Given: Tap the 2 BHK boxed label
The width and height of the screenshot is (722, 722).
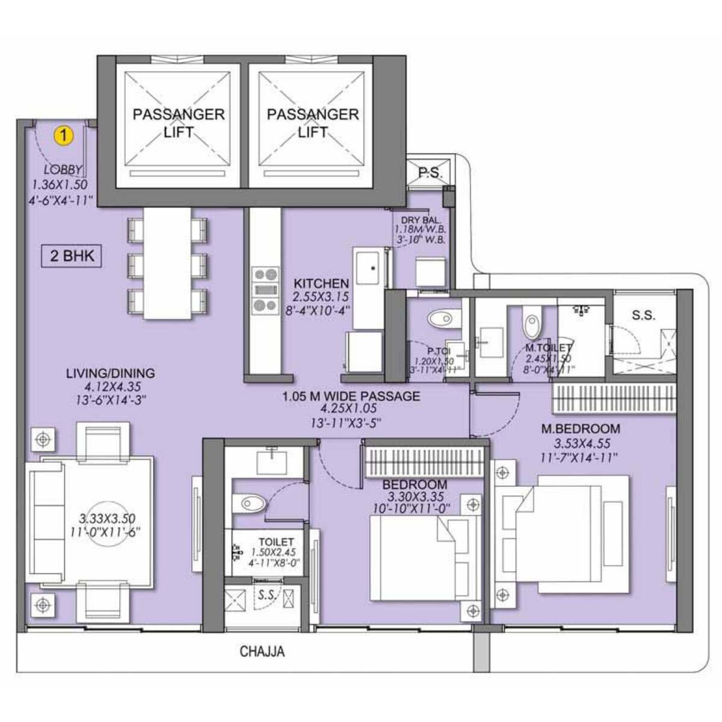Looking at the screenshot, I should pyautogui.click(x=72, y=256).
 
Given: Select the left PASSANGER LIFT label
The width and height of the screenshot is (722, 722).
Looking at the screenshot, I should pyautogui.click(x=178, y=123).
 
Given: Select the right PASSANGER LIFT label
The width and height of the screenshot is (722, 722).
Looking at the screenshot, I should pyautogui.click(x=312, y=123).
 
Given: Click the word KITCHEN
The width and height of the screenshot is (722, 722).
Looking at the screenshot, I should pyautogui.click(x=321, y=283).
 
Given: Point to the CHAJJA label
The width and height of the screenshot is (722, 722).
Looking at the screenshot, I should pyautogui.click(x=262, y=651).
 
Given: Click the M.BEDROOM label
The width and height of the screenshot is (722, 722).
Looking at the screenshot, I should pyautogui.click(x=580, y=429).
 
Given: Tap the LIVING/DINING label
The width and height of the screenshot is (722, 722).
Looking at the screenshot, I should pyautogui.click(x=110, y=374).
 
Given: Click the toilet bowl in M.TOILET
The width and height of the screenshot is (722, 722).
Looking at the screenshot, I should pyautogui.click(x=532, y=326).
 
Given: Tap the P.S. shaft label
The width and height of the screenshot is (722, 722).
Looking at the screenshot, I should pyautogui.click(x=429, y=173).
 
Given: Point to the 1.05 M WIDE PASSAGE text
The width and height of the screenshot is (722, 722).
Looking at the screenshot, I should pyautogui.click(x=351, y=396).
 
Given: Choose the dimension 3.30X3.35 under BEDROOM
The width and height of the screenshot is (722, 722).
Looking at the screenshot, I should pyautogui.click(x=415, y=497).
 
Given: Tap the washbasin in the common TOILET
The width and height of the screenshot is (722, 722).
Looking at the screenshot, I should pyautogui.click(x=274, y=463).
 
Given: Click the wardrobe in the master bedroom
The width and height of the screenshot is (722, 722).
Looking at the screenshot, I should pyautogui.click(x=614, y=399).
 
